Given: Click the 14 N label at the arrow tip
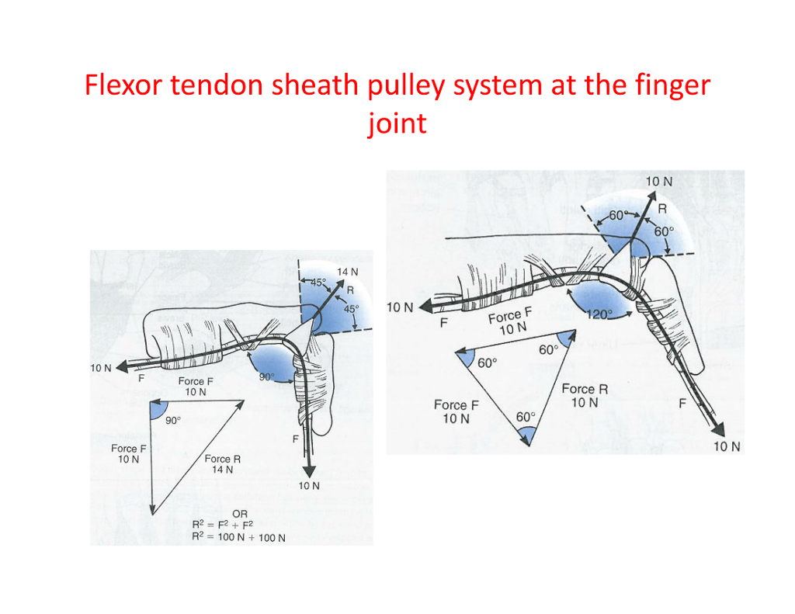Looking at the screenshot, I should [x=347, y=272].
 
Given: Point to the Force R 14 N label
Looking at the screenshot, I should [x=223, y=464].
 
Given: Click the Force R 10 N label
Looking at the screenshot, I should [x=585, y=396].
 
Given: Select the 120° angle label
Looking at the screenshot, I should [x=599, y=314].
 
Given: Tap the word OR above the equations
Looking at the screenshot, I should [x=241, y=514].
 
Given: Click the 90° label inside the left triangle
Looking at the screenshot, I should [x=172, y=420].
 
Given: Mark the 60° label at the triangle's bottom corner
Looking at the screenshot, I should [x=526, y=417].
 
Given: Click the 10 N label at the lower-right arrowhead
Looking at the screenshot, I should [x=727, y=446].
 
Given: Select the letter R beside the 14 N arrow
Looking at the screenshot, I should [x=350, y=290].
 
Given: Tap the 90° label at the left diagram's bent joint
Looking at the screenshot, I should [x=266, y=376].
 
